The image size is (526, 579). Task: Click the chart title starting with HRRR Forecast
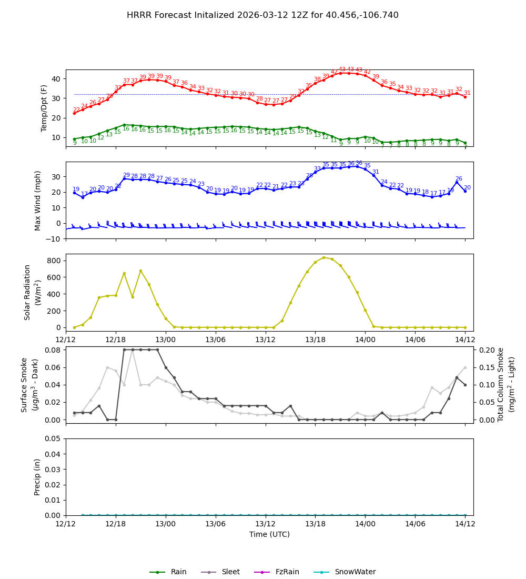click(262, 15)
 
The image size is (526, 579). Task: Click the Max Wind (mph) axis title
click(38, 200)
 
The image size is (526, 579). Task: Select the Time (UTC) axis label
click(269, 534)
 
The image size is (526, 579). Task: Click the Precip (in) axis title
click(38, 477)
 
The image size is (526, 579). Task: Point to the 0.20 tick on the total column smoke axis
click(488, 350)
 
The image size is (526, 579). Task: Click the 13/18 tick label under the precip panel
click(315, 524)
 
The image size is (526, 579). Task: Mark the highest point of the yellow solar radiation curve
click(323, 258)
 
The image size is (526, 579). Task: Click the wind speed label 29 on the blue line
click(126, 175)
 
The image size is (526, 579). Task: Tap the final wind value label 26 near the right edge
click(459, 178)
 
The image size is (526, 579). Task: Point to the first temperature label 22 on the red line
click(76, 109)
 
